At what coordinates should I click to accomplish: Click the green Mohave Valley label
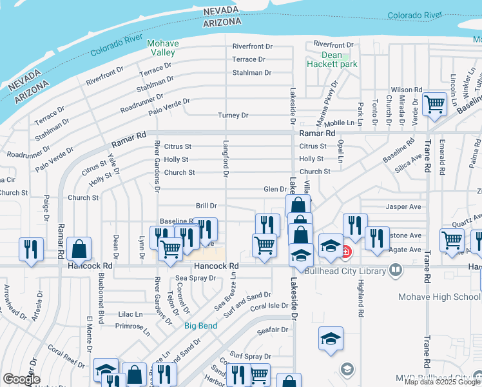(x=162, y=48)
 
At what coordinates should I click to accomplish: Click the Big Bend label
(x=200, y=326)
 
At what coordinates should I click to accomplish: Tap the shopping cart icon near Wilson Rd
(x=435, y=104)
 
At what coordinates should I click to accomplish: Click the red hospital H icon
(x=346, y=251)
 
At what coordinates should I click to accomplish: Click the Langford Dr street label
(x=226, y=160)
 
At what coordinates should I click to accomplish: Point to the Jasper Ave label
(x=403, y=207)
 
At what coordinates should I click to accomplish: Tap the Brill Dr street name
(x=206, y=206)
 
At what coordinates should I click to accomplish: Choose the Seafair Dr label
(x=271, y=330)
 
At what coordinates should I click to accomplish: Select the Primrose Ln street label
(x=133, y=326)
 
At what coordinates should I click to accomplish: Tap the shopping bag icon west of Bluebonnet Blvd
(x=78, y=249)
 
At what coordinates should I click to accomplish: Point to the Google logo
(x=21, y=379)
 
